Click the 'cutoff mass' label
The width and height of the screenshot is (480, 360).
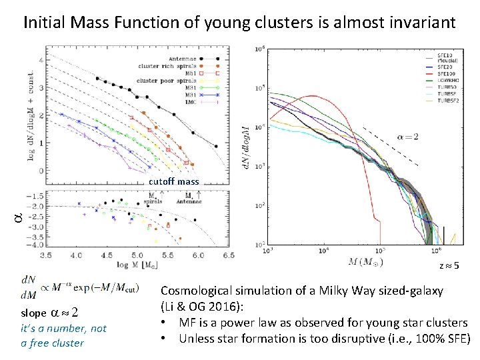click(x=173, y=181)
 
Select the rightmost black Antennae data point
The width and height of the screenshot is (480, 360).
click(x=216, y=147)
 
